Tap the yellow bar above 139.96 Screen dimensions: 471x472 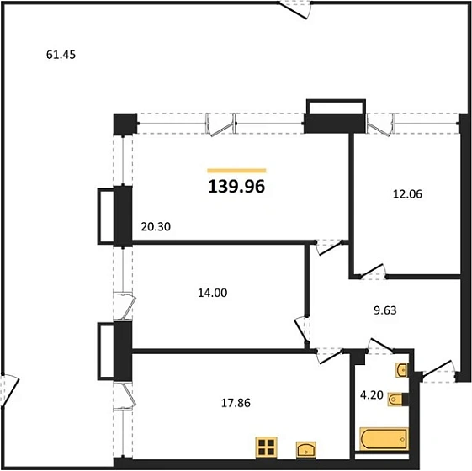[236, 171]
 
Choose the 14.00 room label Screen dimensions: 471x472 [211, 293]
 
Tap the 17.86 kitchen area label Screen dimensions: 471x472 [236, 402]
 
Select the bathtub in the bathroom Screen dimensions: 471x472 [384, 437]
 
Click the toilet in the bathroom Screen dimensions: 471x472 [396, 400]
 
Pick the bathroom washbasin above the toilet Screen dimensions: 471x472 [400, 369]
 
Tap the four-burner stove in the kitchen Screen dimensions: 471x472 [267, 447]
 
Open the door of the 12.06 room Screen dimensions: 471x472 [370, 271]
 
